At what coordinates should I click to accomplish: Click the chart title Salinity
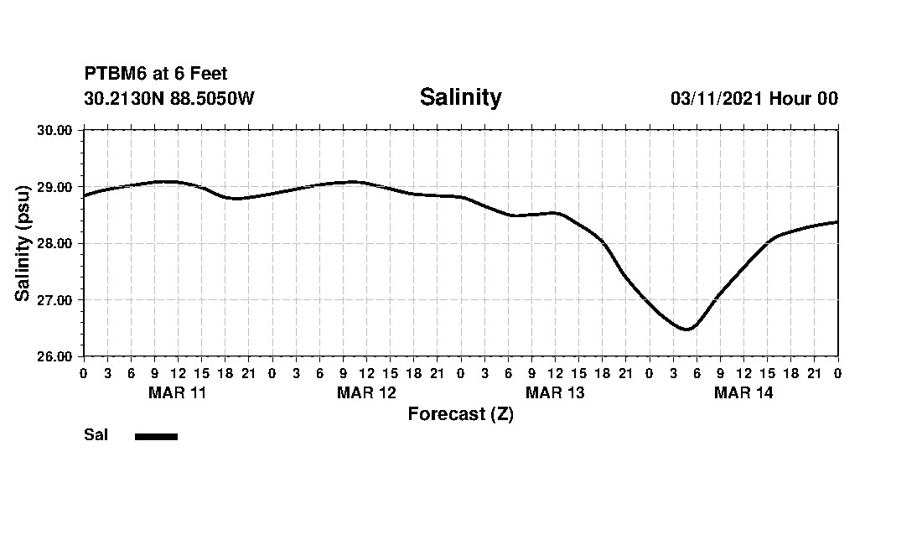pyautogui.click(x=460, y=97)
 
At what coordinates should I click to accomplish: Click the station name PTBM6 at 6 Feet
pyautogui.click(x=156, y=75)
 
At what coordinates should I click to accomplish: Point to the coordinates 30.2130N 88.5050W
pyautogui.click(x=169, y=99)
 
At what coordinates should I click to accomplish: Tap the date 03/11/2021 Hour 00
pyautogui.click(x=754, y=99)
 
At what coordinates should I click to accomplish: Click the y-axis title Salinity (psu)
pyautogui.click(x=23, y=243)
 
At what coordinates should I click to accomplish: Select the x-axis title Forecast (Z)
pyautogui.click(x=460, y=414)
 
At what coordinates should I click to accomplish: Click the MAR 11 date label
pyautogui.click(x=177, y=392)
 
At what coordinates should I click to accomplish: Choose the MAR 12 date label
pyautogui.click(x=366, y=392)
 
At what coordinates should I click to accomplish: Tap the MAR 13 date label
pyautogui.click(x=555, y=392)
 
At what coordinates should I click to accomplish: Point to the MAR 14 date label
pyautogui.click(x=743, y=392)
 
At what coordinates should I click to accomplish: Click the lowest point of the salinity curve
pyautogui.click(x=686, y=330)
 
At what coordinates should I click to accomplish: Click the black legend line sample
pyautogui.click(x=156, y=436)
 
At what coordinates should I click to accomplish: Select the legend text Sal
pyautogui.click(x=96, y=435)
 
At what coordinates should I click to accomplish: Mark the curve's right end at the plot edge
pyautogui.click(x=837, y=222)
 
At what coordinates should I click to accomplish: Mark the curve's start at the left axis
pyautogui.click(x=84, y=195)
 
